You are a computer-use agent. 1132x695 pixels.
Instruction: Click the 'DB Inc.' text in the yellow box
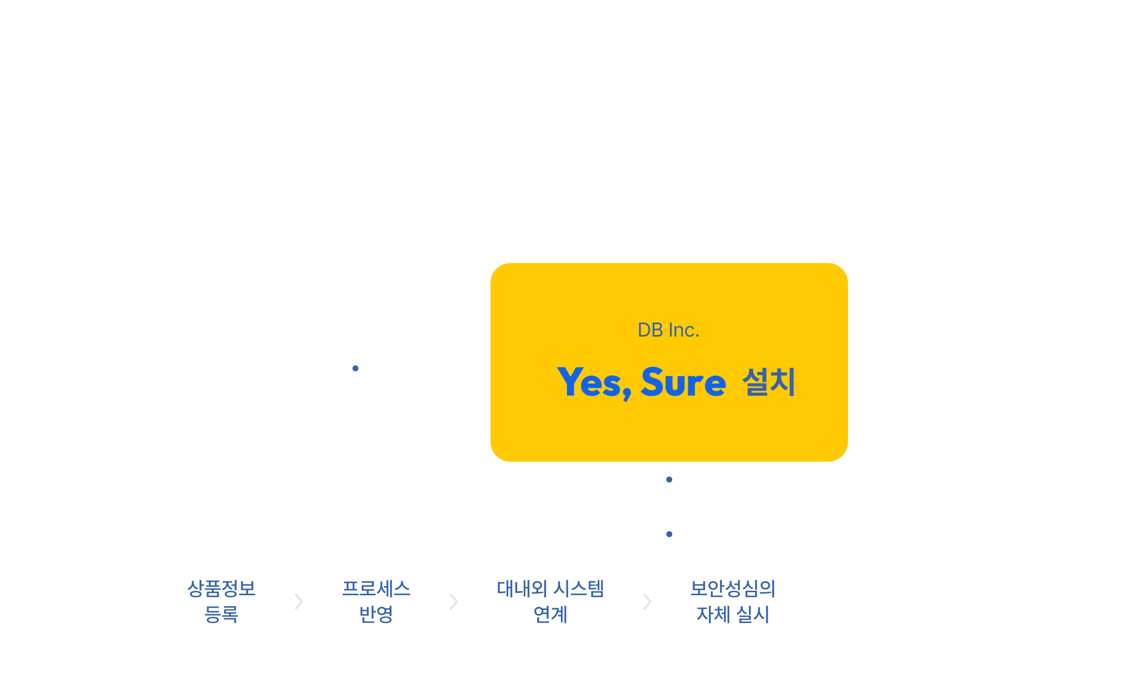click(668, 330)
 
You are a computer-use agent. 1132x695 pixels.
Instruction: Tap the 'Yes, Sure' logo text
click(641, 382)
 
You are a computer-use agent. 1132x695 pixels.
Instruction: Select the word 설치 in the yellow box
click(769, 382)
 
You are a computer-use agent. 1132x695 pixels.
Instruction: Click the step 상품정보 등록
click(221, 601)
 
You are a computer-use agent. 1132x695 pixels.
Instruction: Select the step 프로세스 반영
click(376, 601)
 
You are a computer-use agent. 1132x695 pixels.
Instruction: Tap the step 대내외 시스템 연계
click(550, 601)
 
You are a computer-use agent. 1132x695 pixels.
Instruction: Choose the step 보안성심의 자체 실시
click(733, 601)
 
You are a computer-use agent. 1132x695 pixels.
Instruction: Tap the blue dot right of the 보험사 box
click(355, 368)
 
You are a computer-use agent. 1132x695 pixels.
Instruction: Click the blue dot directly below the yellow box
click(669, 480)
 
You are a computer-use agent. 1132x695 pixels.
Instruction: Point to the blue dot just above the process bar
click(669, 534)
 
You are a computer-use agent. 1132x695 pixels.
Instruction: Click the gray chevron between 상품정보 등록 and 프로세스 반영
click(298, 602)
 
